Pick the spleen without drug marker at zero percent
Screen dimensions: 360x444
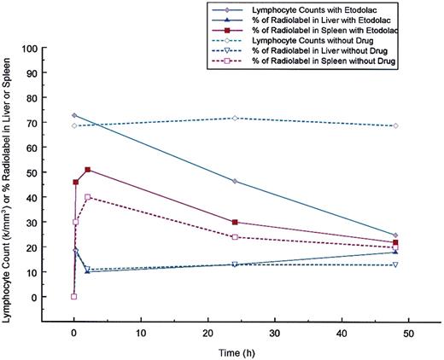74,297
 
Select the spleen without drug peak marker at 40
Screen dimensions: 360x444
87,197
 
